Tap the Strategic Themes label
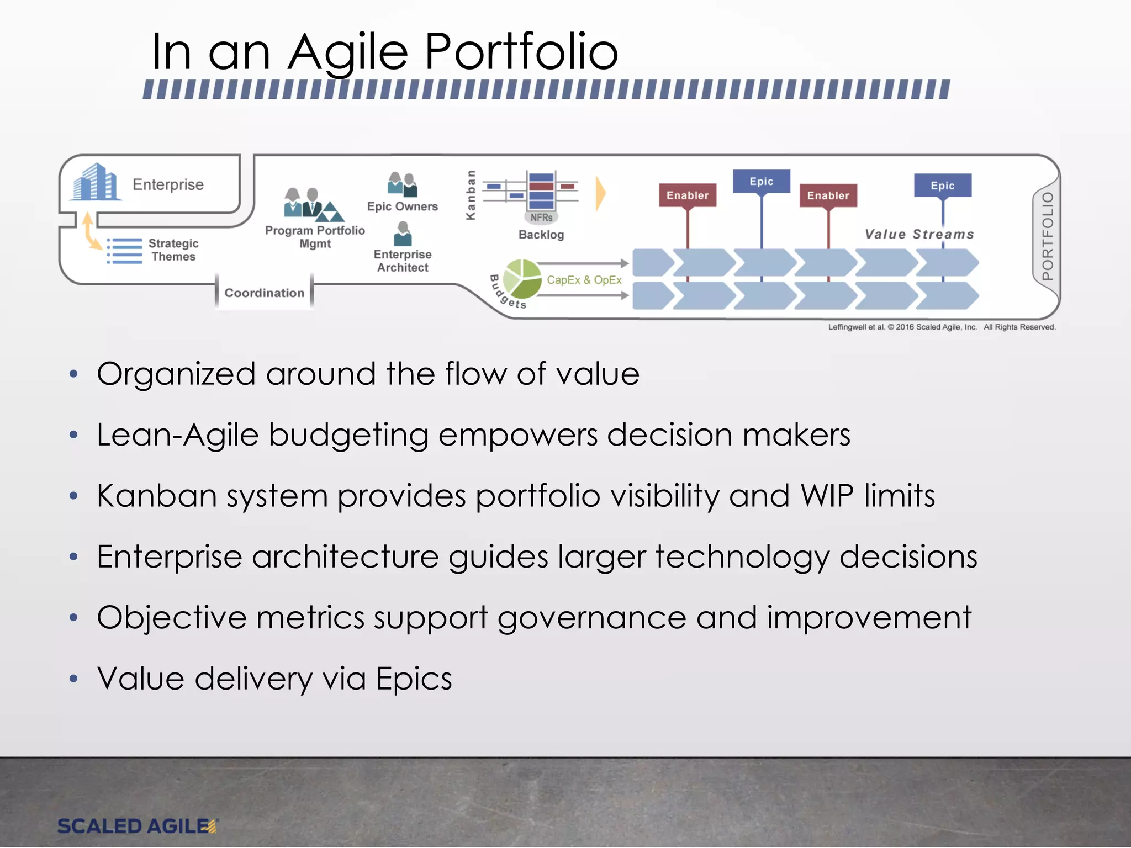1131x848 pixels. [173, 250]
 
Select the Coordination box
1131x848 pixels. [264, 293]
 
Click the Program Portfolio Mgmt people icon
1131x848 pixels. [313, 204]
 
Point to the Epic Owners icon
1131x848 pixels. [403, 184]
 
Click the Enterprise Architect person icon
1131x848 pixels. [403, 234]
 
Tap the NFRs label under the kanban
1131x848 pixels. [541, 218]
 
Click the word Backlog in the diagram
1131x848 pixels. [541, 235]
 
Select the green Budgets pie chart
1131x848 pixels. [522, 278]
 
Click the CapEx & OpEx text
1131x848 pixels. [584, 280]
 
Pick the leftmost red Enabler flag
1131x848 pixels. [688, 195]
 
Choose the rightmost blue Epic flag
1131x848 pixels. [943, 185]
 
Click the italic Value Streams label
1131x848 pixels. [919, 234]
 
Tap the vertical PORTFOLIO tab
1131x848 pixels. [1047, 236]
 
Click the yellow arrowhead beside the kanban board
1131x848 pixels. [600, 194]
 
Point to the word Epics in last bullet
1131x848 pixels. [414, 679]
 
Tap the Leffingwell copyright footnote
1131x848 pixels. [942, 327]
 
